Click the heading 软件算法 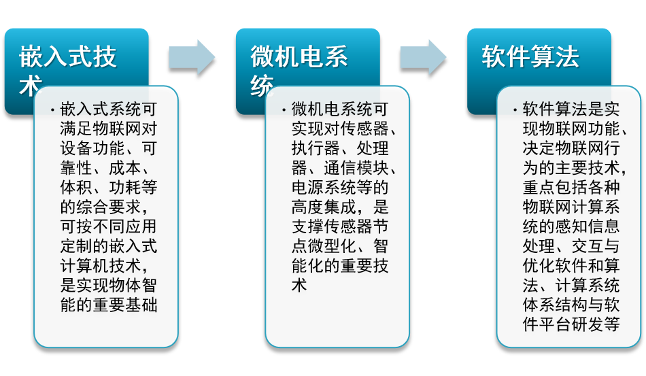coord(530,56)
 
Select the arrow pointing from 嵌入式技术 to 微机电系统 coord(192,57)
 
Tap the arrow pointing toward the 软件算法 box coord(423,57)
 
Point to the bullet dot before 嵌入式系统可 coord(52,110)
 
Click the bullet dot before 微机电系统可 coord(284,110)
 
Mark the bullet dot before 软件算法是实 coord(515,110)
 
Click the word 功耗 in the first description coord(125,188)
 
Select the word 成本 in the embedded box coord(125,168)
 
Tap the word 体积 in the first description coord(76,188)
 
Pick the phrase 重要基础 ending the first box coord(125,305)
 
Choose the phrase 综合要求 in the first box coord(109,207)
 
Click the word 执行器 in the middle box coord(316,148)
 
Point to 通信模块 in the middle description coord(356,168)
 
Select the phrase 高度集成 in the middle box coord(324,207)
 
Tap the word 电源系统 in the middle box coord(324,188)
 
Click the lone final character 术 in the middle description coord(299,286)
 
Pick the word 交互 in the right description coord(588,246)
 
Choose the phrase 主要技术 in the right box coord(588,168)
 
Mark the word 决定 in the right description coord(539,148)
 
